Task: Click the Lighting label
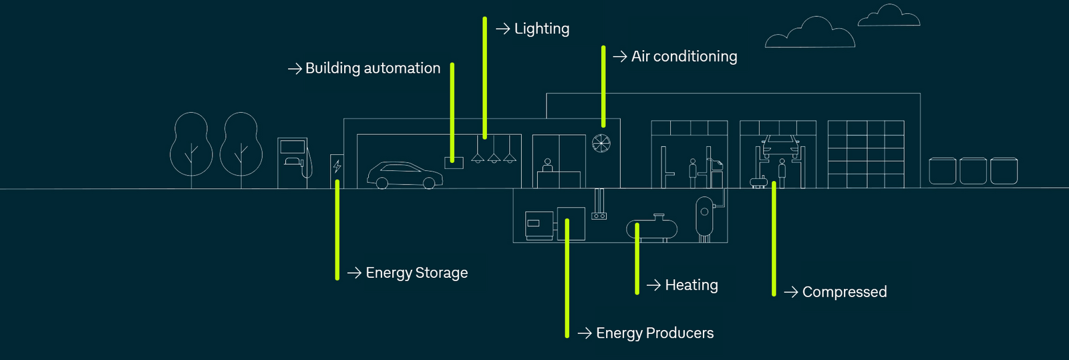pyautogui.click(x=541, y=29)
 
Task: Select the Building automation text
pyautogui.click(x=372, y=69)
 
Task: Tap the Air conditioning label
pyautogui.click(x=683, y=57)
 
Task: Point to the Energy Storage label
pyautogui.click(x=416, y=273)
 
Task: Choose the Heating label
pyautogui.click(x=691, y=285)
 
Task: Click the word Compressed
pyautogui.click(x=844, y=292)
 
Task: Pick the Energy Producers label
pyautogui.click(x=654, y=333)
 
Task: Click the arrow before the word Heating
pyautogui.click(x=653, y=285)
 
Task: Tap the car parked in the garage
pyautogui.click(x=404, y=175)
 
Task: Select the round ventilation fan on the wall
pyautogui.click(x=601, y=143)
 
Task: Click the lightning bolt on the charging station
pyautogui.click(x=337, y=166)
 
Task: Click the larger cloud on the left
pyautogui.click(x=810, y=35)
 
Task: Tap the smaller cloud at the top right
pyautogui.click(x=889, y=17)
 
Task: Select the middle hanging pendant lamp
pyautogui.click(x=494, y=158)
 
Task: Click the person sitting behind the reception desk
pyautogui.click(x=548, y=166)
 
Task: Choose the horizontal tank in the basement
pyautogui.click(x=651, y=228)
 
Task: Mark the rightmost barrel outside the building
pyautogui.click(x=1004, y=171)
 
